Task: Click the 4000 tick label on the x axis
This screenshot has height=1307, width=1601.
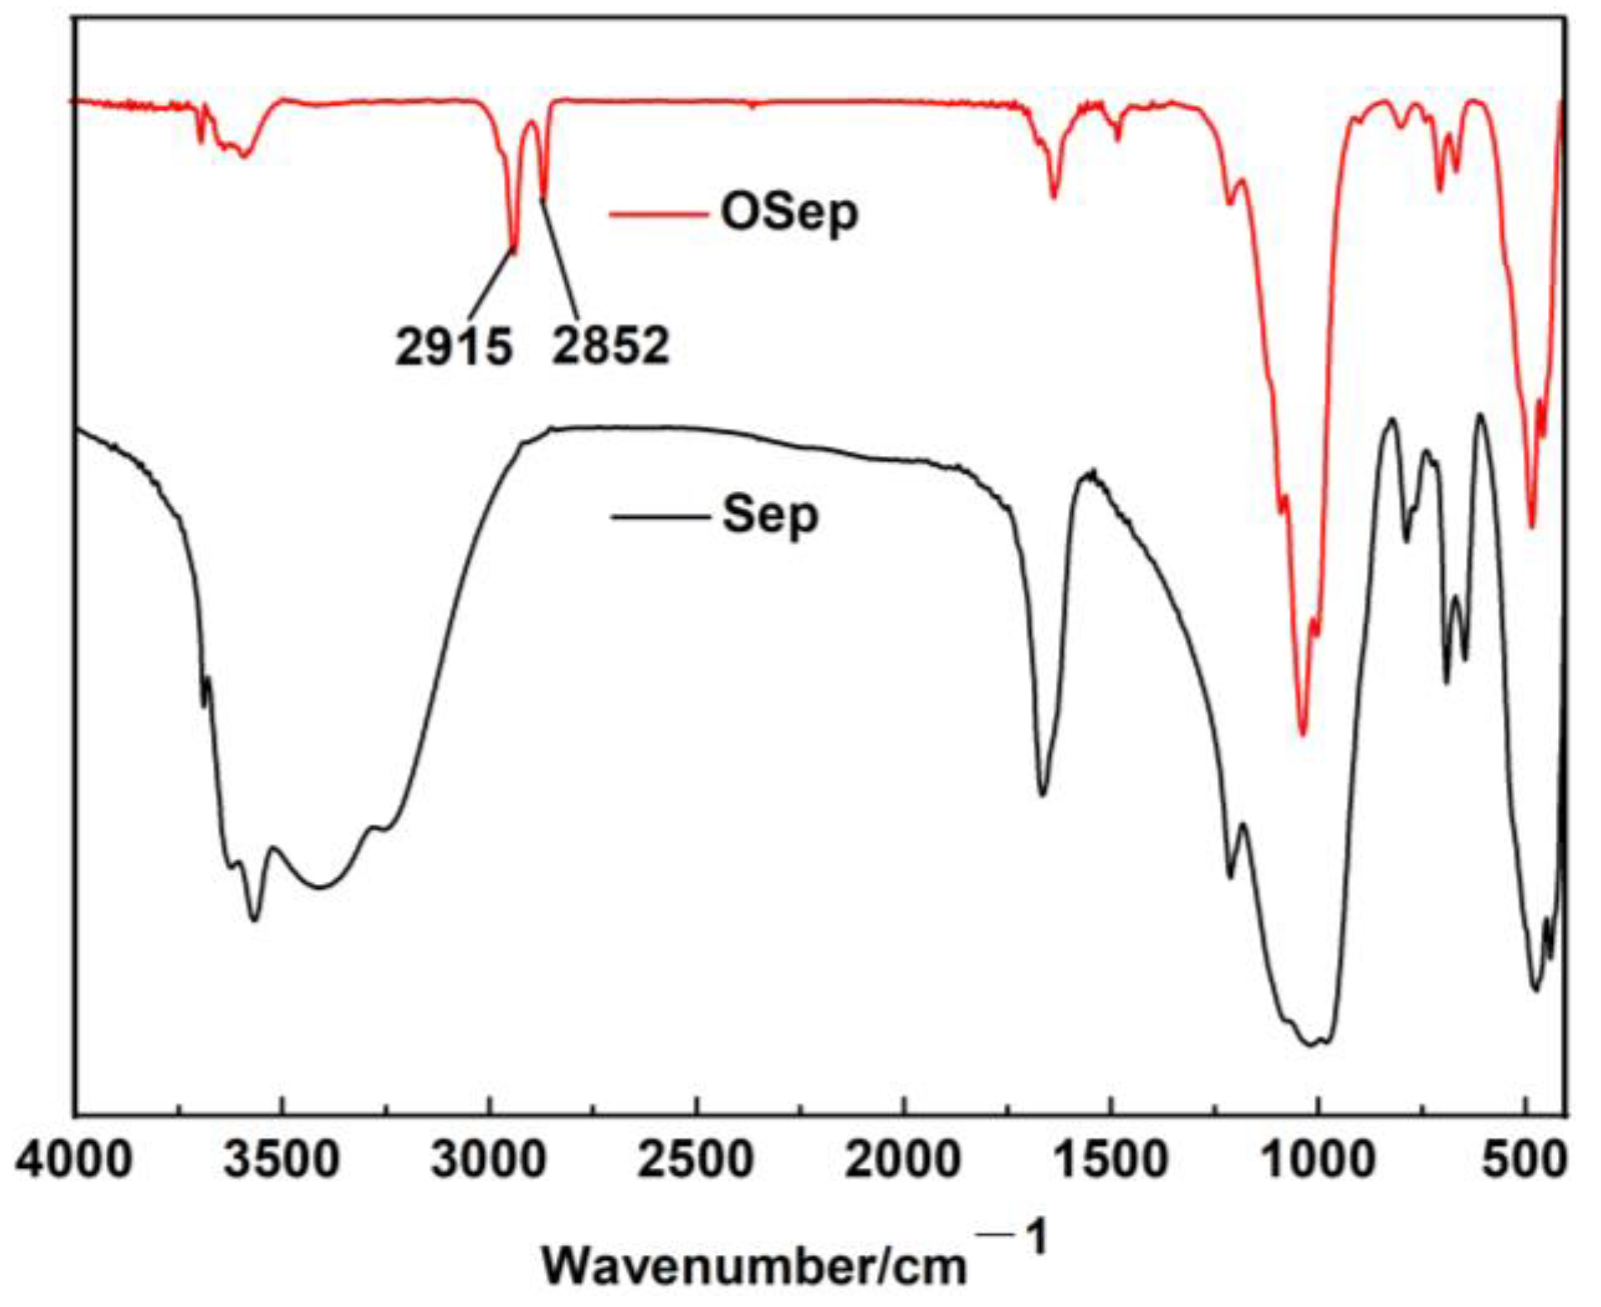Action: coord(73,1160)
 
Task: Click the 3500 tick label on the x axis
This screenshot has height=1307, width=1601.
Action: coord(281,1160)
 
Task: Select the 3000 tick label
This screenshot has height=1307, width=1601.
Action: coord(488,1160)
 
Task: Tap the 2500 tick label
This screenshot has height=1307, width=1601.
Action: coord(696,1160)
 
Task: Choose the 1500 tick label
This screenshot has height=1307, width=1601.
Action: coord(1110,1160)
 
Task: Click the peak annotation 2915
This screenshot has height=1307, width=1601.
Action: coord(453,345)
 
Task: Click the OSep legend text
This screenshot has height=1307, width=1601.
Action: coord(789,213)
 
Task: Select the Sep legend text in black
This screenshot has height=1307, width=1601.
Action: coord(770,515)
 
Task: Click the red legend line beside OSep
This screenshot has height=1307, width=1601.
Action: coord(659,214)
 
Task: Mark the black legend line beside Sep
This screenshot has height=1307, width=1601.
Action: coord(659,517)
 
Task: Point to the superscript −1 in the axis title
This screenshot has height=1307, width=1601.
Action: coord(1014,1239)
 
